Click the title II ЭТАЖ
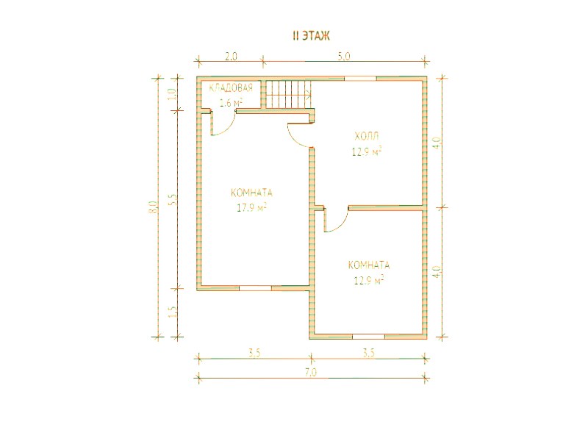311,35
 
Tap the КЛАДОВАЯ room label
231,88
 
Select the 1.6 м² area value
231,102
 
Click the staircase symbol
288,94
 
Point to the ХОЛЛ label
367,136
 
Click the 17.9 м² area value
251,207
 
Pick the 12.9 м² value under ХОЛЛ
367,151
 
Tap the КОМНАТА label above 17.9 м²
251,193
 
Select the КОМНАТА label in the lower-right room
369,265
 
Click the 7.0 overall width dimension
311,373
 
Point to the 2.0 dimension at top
231,57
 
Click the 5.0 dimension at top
343,57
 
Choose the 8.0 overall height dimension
153,207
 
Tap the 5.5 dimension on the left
173,199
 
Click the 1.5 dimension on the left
173,312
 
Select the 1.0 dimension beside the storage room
173,94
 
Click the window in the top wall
360,79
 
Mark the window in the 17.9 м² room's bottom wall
255,288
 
